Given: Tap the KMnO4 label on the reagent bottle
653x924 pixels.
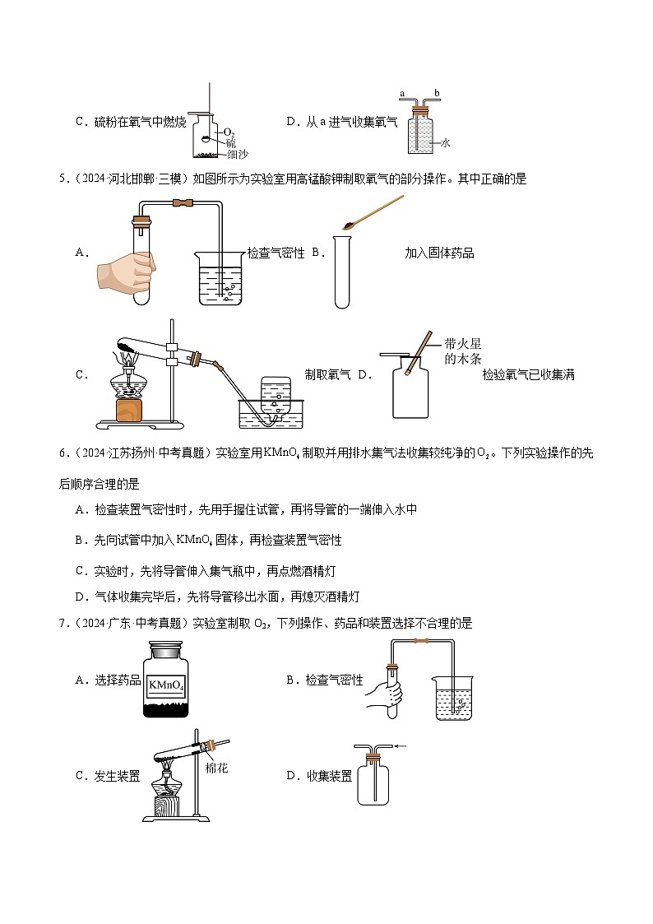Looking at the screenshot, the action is [x=167, y=684].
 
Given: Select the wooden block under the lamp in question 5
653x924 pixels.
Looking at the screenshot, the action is [x=128, y=409].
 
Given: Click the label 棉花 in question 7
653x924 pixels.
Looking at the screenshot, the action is [x=217, y=768].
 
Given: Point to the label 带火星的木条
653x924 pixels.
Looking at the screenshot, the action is [x=461, y=351].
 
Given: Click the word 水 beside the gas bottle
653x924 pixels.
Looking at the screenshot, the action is [x=446, y=142].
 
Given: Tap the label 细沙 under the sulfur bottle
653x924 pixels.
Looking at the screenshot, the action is [x=237, y=154].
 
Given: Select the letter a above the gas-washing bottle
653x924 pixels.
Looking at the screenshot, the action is [x=402, y=95].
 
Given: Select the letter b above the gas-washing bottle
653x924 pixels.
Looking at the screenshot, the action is [x=437, y=95].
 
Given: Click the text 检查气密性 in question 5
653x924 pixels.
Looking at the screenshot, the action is [x=276, y=253].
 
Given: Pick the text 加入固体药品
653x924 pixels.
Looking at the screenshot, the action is [x=439, y=253].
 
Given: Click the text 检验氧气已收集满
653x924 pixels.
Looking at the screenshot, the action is [x=528, y=375].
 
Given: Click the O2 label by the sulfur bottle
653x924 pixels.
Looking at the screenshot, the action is [x=229, y=132].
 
